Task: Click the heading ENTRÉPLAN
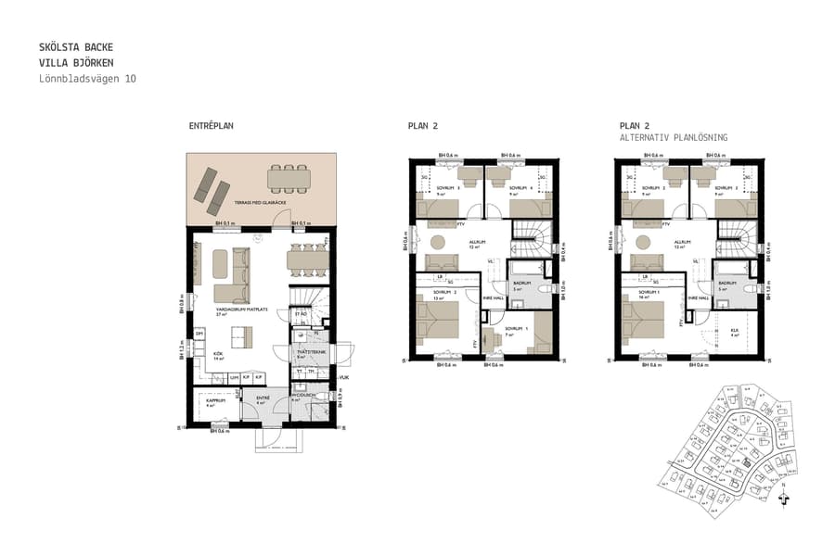[x=211, y=126]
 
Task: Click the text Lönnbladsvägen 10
[x=88, y=80]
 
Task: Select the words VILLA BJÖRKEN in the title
[x=77, y=63]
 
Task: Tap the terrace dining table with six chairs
[x=288, y=175]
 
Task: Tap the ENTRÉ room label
[x=261, y=398]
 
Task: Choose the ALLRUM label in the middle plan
[x=477, y=242]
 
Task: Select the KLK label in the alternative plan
[x=734, y=329]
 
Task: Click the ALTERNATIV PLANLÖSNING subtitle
[x=674, y=137]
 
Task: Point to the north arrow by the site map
[x=786, y=498]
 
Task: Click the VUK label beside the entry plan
[x=343, y=377]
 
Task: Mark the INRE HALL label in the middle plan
[x=492, y=297]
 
